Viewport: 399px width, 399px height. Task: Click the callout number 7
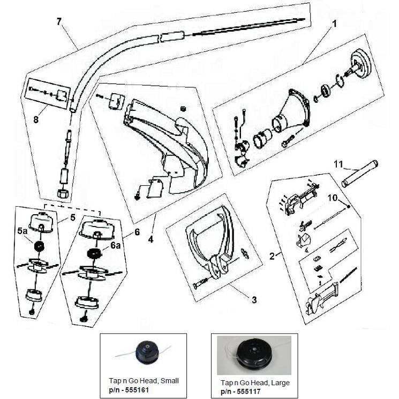(x=59, y=21)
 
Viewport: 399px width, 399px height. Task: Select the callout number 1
(x=335, y=24)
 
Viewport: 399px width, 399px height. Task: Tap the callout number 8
(x=36, y=119)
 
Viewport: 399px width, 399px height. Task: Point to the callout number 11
(x=338, y=164)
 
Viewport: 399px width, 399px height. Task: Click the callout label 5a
(x=22, y=231)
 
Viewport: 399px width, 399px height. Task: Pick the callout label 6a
(x=115, y=245)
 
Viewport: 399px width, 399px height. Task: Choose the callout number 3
(x=254, y=300)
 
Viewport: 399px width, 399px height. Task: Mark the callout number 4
(x=151, y=239)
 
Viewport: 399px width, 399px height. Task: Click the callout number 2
(x=272, y=256)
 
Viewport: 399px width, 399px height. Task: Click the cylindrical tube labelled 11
(x=359, y=174)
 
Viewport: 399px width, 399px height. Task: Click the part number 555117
(x=249, y=392)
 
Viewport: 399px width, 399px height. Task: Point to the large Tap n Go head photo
(x=254, y=355)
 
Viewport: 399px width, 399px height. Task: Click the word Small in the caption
(x=170, y=381)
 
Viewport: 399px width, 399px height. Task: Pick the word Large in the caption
(x=281, y=383)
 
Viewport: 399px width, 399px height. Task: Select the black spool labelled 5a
(x=38, y=246)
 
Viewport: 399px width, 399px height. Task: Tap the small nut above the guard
(x=182, y=109)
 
